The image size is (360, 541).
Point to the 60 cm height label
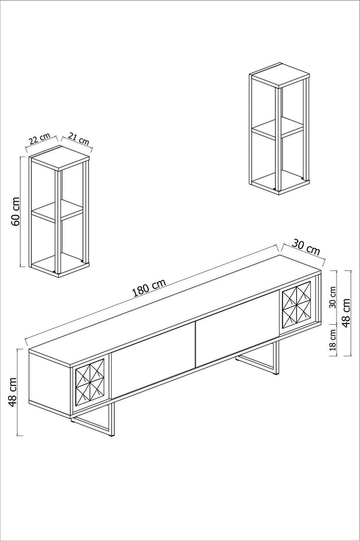16,210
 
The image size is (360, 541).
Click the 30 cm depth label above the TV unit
305,246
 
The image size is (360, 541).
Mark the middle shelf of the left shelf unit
56,211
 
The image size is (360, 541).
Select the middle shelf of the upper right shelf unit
277,128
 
